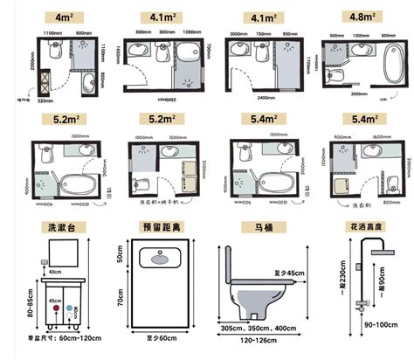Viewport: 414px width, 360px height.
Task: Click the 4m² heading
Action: pyautogui.click(x=63, y=17)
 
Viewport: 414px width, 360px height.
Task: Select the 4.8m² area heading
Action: pyautogui.click(x=360, y=17)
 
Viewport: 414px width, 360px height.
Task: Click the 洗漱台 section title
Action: pyautogui.click(x=63, y=229)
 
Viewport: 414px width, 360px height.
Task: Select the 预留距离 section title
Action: pyautogui.click(x=162, y=229)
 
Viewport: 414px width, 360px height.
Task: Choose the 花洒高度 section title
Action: pyautogui.click(x=360, y=229)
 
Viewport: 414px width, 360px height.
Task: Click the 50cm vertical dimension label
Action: pyautogui.click(x=121, y=258)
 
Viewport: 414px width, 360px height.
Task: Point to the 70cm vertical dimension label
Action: pyautogui.click(x=121, y=298)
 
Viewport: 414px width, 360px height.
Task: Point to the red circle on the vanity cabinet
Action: pyautogui.click(x=55, y=309)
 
